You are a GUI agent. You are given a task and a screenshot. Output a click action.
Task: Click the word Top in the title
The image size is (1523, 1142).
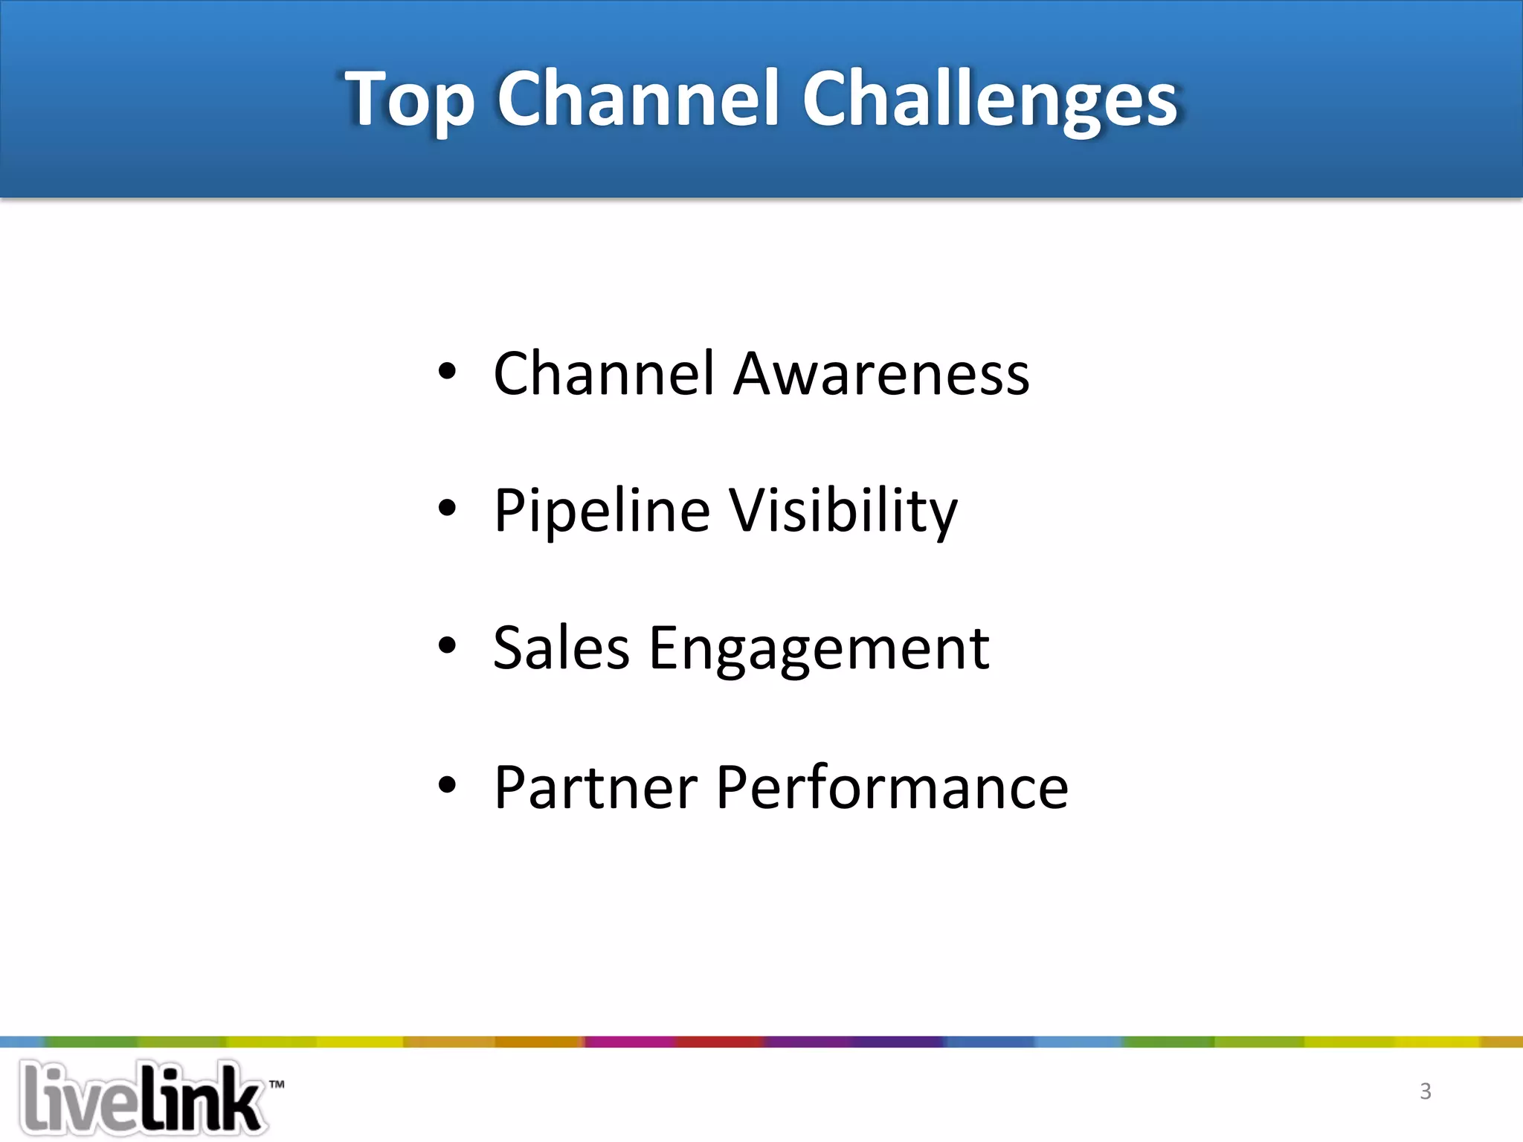(x=409, y=100)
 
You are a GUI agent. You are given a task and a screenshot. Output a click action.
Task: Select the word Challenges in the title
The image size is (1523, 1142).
(x=990, y=100)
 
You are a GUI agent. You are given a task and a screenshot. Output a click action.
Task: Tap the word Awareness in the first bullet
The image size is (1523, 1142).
(x=881, y=373)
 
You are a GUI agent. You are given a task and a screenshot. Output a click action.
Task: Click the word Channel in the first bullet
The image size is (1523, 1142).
(x=604, y=373)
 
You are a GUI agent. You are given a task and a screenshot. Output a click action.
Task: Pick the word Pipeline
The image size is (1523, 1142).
(x=602, y=512)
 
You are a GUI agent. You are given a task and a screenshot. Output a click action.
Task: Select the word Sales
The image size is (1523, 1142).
(x=561, y=648)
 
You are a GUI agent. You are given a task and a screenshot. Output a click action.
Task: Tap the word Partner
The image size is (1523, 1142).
(x=596, y=787)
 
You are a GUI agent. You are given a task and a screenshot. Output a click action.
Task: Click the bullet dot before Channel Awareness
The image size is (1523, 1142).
(x=446, y=371)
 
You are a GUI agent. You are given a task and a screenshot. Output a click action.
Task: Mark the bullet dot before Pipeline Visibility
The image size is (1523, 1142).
(x=446, y=509)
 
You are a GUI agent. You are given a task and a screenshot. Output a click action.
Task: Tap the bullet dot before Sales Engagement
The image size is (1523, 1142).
(x=446, y=646)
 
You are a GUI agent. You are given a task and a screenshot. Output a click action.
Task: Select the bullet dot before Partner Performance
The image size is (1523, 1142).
(x=446, y=784)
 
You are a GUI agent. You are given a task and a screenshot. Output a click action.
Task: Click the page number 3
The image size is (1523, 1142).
(x=1425, y=1091)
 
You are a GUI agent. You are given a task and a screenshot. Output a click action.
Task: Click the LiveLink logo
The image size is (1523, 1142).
(x=141, y=1099)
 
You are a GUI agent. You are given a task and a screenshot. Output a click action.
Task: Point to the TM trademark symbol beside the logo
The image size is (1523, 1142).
(x=277, y=1085)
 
